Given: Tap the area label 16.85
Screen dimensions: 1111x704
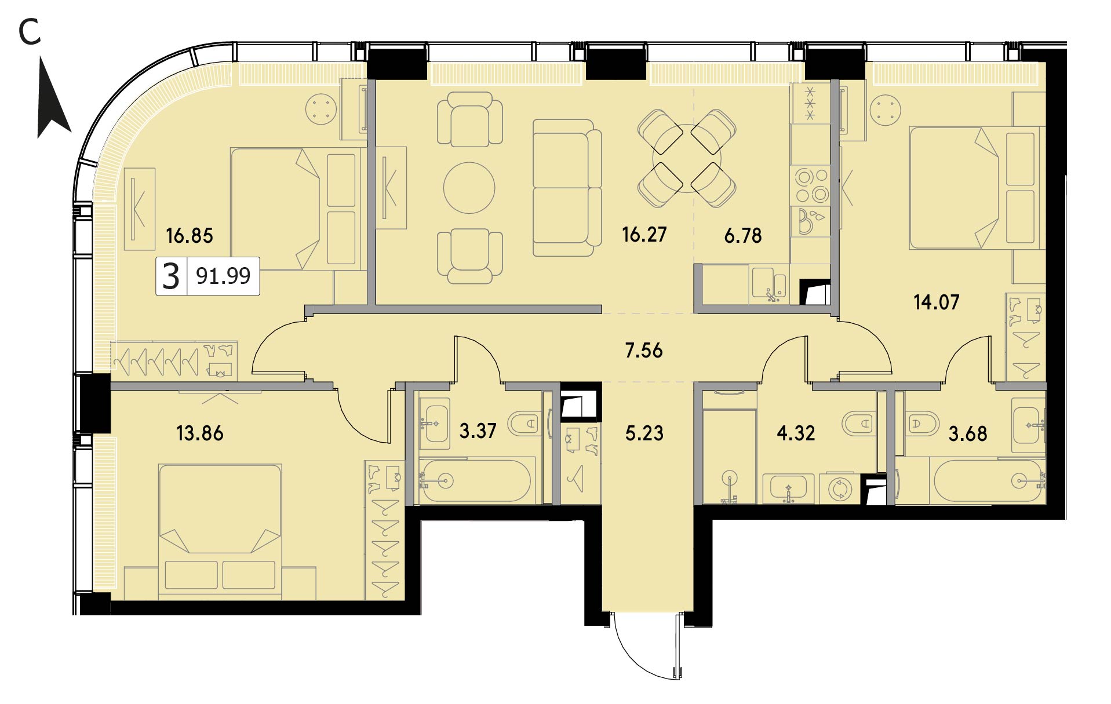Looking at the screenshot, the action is pyautogui.click(x=190, y=236).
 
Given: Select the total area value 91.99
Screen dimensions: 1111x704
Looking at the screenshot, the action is pyautogui.click(x=223, y=276).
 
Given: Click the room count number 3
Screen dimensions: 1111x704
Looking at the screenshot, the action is pyautogui.click(x=171, y=276).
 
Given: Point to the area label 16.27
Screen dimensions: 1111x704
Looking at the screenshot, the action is pyautogui.click(x=644, y=235).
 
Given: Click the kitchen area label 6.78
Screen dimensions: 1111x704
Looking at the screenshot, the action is pyautogui.click(x=743, y=236).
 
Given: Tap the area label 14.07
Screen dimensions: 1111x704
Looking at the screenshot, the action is pyautogui.click(x=937, y=302).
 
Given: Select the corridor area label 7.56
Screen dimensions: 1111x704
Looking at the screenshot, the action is pyautogui.click(x=644, y=351).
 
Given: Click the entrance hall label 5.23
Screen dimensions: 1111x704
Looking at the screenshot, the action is pyautogui.click(x=644, y=433).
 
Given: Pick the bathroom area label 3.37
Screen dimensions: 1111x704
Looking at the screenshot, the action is pyautogui.click(x=478, y=431).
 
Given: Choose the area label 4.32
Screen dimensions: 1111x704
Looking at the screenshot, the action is pyautogui.click(x=796, y=433).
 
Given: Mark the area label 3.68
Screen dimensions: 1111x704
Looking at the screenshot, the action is pyautogui.click(x=968, y=433).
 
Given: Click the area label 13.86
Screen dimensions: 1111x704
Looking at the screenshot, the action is pyautogui.click(x=200, y=433).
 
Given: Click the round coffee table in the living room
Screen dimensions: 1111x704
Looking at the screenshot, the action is pyautogui.click(x=469, y=188).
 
